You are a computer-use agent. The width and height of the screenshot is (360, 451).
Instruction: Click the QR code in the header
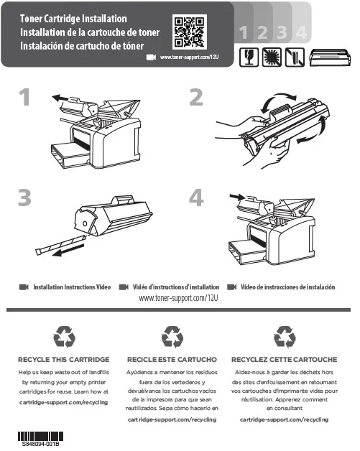[190, 32]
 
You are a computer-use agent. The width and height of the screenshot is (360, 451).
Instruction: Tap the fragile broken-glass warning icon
[249, 57]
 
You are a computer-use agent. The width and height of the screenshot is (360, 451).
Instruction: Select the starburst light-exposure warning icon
[272, 57]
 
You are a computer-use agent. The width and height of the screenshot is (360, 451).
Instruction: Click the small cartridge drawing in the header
[330, 57]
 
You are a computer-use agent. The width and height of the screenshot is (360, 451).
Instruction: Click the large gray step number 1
[24, 97]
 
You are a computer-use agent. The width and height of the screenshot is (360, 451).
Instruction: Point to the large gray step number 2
[196, 97]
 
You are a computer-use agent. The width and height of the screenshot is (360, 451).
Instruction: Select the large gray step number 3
[24, 197]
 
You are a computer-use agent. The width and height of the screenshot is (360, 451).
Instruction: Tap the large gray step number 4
[197, 197]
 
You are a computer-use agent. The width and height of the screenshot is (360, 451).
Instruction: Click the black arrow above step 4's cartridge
[237, 197]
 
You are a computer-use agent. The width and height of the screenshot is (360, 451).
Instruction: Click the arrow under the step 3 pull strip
[68, 250]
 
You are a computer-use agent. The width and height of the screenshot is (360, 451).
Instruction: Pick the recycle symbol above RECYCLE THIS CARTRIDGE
[64, 337]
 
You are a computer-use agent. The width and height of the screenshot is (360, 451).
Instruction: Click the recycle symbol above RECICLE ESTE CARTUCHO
[172, 337]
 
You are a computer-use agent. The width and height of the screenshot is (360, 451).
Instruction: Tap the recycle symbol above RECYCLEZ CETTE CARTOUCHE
[285, 337]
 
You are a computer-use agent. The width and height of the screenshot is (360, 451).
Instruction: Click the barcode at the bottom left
[40, 437]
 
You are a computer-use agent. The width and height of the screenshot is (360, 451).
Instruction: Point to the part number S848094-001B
[40, 444]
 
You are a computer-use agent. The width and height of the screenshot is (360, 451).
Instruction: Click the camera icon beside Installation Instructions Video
[24, 287]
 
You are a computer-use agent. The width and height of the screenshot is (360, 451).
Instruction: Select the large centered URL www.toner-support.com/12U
[178, 298]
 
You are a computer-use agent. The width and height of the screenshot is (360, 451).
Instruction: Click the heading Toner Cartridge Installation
[73, 19]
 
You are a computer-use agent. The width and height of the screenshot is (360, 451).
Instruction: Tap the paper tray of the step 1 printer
[70, 155]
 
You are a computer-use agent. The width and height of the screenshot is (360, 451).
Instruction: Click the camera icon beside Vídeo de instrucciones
[231, 287]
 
